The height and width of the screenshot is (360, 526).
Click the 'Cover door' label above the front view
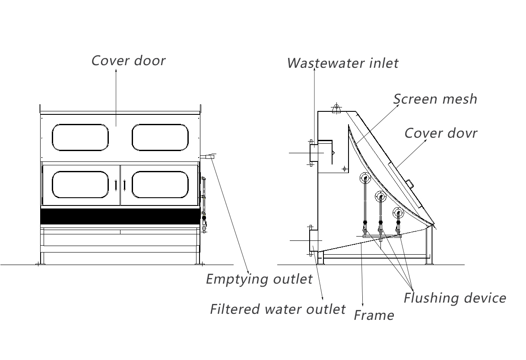[128, 60]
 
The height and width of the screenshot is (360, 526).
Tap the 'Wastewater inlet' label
[342, 63]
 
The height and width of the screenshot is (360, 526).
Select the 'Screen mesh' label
[435, 99]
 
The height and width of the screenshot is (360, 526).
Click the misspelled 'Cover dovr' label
[440, 133]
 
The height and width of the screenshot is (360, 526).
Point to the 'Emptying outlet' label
[259, 279]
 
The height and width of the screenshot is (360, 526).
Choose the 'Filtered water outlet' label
[278, 309]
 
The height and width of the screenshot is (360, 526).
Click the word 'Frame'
[374, 315]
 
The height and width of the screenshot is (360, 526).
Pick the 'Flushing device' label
[454, 298]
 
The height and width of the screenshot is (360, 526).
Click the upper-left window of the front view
[80, 137]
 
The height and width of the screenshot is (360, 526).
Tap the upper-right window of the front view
[160, 137]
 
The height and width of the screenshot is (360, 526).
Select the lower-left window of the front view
[80, 184]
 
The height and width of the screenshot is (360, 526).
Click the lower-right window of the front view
[160, 184]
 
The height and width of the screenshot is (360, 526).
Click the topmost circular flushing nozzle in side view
[365, 177]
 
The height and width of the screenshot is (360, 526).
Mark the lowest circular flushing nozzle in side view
[398, 212]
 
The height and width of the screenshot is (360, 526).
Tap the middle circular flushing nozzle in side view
[381, 197]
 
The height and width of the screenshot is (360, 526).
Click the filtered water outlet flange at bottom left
[313, 241]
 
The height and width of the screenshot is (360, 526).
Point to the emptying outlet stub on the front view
[209, 157]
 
